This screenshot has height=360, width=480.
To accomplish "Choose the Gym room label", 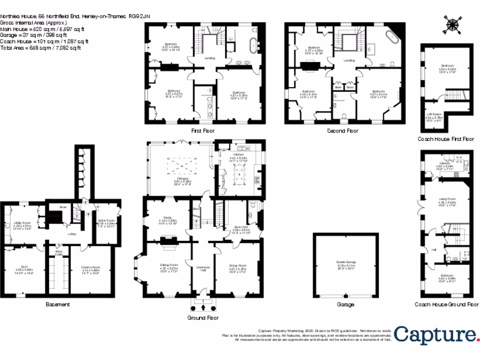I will tap(24, 268).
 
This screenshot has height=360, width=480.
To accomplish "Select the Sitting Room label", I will tap(169, 267).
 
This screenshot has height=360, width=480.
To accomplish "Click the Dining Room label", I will tap(237, 268).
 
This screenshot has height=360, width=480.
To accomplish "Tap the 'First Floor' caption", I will tap(203, 131).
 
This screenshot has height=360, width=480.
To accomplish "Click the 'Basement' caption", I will tap(58, 304).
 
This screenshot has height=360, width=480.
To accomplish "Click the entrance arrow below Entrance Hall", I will tap(203, 307).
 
